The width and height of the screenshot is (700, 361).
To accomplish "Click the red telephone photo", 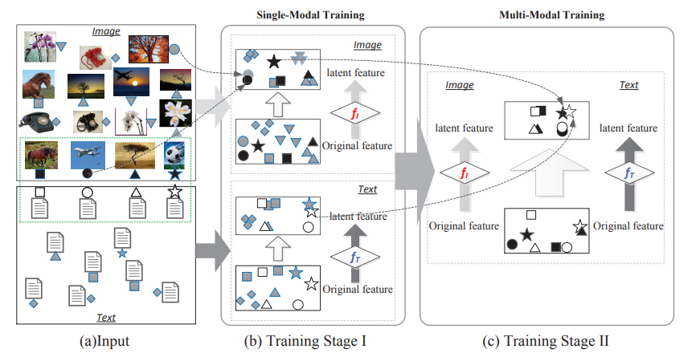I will click(x=93, y=57).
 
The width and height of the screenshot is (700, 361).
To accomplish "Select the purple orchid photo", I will click(x=39, y=45).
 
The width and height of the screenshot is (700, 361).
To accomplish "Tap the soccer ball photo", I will click(x=174, y=155).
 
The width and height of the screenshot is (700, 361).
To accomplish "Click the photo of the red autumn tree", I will click(x=147, y=48).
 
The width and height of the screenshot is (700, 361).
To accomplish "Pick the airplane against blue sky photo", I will click(x=87, y=154).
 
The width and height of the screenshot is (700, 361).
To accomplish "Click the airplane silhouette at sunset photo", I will click(x=129, y=82).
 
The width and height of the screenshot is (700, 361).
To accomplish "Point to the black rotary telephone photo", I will click(x=35, y=121).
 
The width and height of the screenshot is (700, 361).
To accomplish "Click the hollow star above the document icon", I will click(x=174, y=192).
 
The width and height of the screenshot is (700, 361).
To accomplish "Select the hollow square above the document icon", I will click(x=39, y=193).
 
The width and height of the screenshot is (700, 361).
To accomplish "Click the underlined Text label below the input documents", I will click(x=106, y=318).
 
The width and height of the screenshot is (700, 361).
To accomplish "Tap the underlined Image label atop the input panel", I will click(x=106, y=31).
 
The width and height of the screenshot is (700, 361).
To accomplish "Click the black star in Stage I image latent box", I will click(x=273, y=61).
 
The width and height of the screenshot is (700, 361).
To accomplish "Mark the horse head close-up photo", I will click(x=39, y=82).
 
